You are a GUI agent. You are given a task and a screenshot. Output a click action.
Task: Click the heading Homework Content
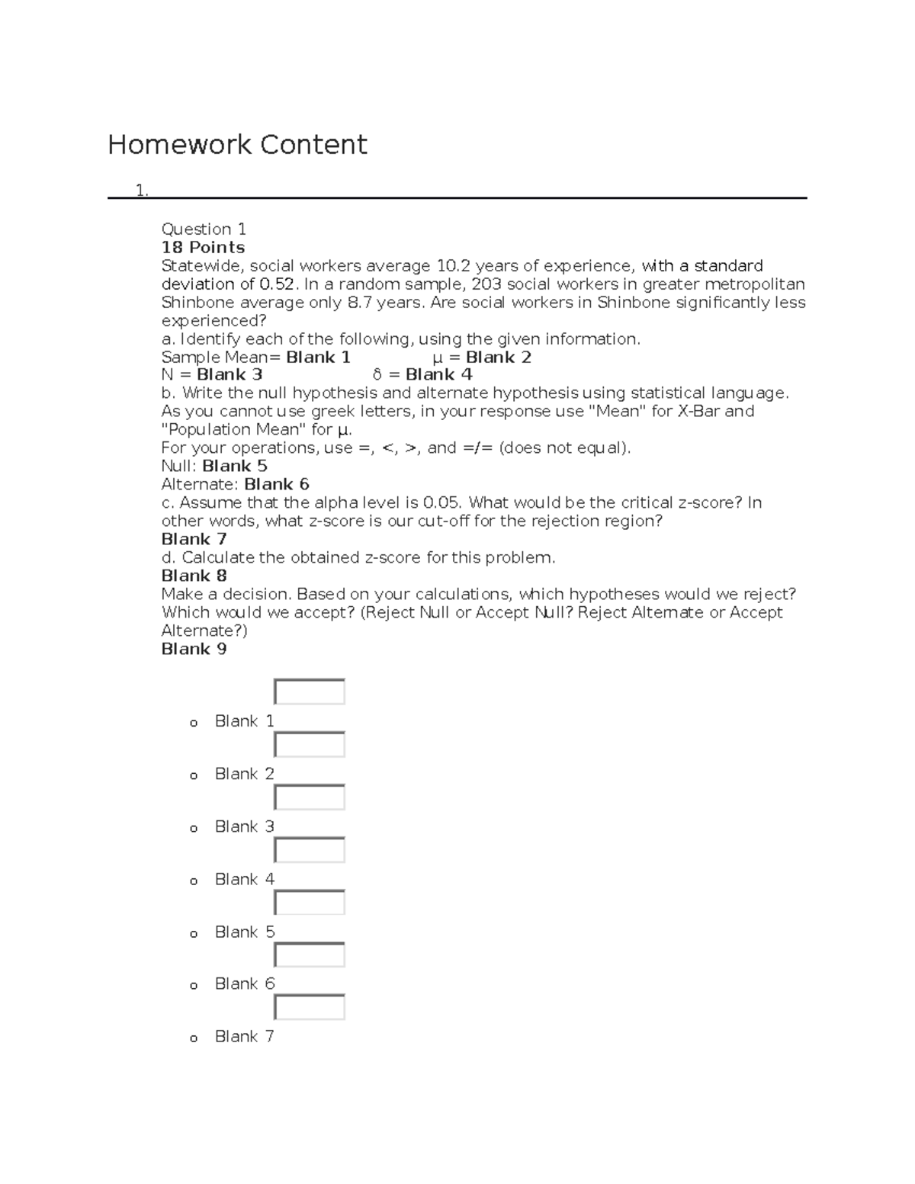pos(237,144)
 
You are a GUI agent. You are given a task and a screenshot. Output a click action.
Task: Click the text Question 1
pos(204,229)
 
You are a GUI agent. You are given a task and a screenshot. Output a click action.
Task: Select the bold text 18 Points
pos(203,247)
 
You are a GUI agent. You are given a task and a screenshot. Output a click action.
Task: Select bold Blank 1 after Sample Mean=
pos(318,358)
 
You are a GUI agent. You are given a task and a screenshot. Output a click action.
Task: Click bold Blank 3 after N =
pos(230,374)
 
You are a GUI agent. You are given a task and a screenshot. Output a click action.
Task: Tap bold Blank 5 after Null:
pos(235,466)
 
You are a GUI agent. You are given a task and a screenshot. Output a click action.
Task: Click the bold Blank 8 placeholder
pos(194,576)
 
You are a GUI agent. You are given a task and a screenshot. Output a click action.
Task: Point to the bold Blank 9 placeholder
pos(194,649)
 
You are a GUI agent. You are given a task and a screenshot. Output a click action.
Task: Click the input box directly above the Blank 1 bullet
pos(310,691)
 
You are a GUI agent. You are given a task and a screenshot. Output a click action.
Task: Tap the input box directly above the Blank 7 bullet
pos(310,1007)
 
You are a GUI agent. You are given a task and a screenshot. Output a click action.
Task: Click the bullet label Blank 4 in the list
pos(244,879)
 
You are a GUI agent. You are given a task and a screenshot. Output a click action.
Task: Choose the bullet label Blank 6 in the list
pos(244,983)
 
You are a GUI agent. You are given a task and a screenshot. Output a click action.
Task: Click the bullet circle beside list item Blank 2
pos(194,776)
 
